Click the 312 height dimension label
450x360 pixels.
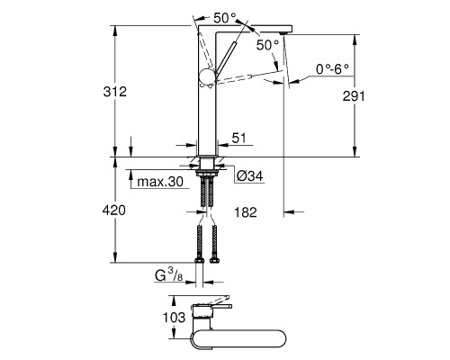point(115,92)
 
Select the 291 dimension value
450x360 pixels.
point(354,96)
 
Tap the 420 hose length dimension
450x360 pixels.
point(114,211)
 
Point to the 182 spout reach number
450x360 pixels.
point(246,212)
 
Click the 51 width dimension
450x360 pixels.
point(238,139)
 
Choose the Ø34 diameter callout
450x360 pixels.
point(249,176)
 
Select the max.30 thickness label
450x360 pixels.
point(160,182)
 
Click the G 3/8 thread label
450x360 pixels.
point(168,275)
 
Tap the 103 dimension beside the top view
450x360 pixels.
point(174,317)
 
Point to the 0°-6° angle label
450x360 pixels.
point(332,69)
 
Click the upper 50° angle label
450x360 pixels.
point(225,18)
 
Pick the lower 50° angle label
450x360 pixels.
point(267,45)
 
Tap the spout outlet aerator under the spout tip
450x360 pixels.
point(283,32)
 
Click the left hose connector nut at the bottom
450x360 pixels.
point(200,260)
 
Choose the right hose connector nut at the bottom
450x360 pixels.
point(214,260)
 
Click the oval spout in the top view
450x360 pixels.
point(238,338)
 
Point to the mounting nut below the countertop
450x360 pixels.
point(207,173)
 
